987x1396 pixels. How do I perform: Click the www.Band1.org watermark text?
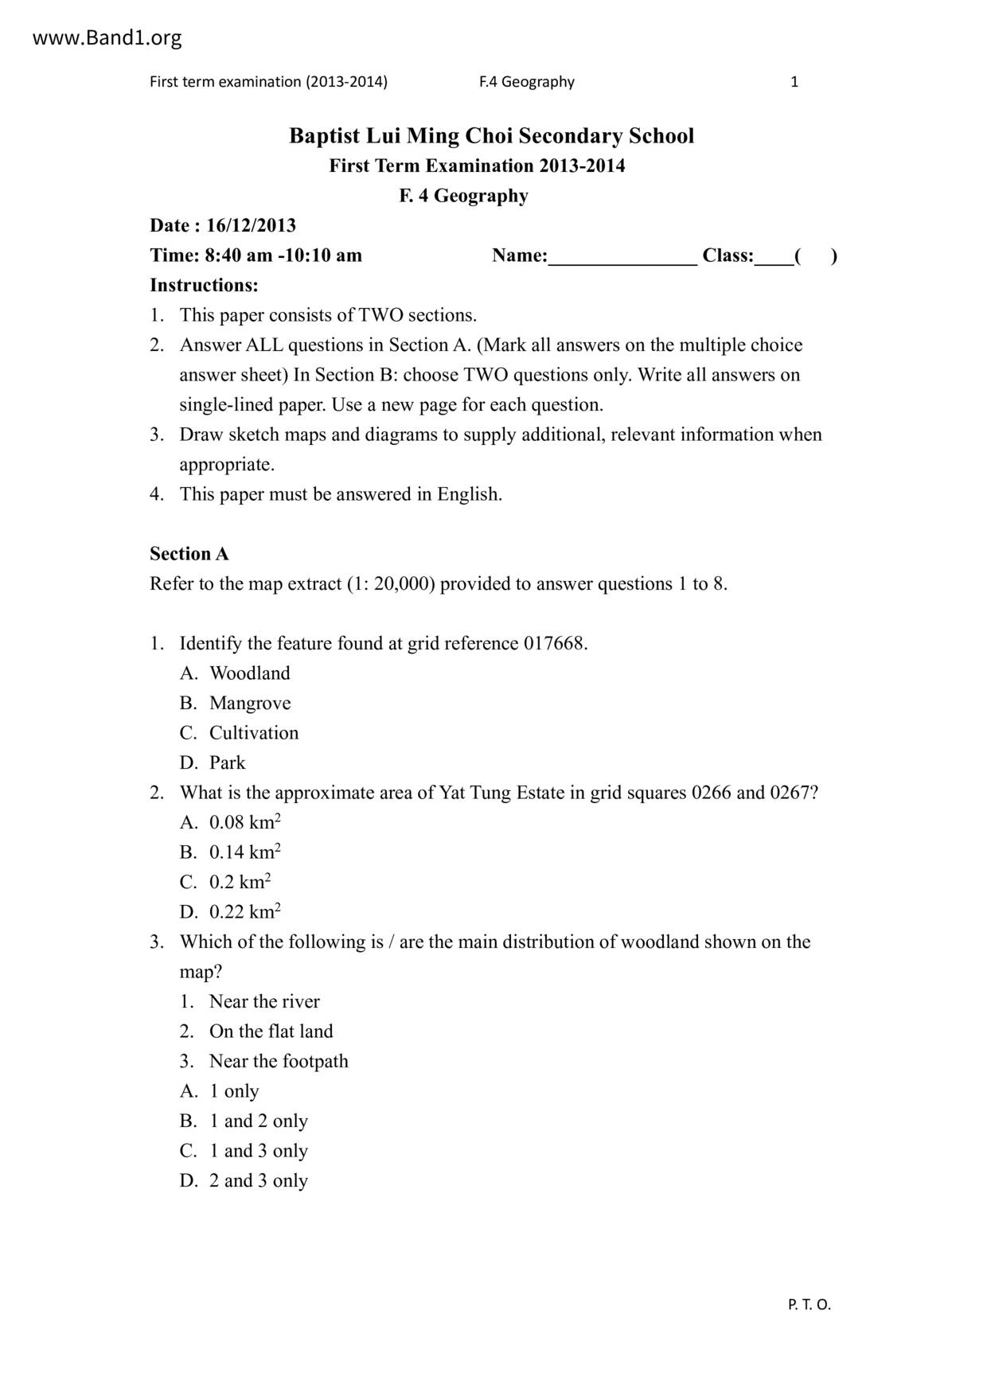pos(107,37)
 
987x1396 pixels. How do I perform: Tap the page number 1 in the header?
pos(794,81)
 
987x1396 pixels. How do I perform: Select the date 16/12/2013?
pos(251,225)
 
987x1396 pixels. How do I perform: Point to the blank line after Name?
pos(623,257)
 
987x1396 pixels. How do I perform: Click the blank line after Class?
pos(773,257)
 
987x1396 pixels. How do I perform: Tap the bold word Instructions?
pos(204,285)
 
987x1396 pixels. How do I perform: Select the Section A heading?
pos(189,554)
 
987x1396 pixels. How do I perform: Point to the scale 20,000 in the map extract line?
pos(401,584)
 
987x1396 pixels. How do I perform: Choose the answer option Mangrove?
pos(250,704)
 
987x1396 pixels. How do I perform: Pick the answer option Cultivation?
pos(254,733)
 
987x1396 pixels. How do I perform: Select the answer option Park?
pos(228,763)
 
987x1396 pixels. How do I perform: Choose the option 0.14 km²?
pos(244,852)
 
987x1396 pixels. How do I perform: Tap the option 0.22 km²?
pos(244,912)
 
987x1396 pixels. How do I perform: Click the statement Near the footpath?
pos(279,1062)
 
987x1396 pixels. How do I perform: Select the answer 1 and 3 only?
pos(258,1151)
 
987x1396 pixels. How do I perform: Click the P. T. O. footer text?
pos(809,1304)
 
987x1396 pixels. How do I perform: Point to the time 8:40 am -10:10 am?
pos(283,255)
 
